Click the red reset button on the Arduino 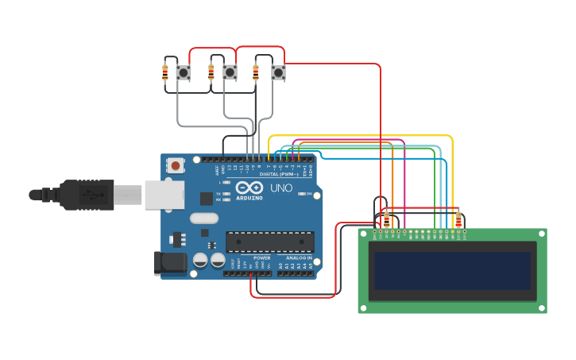click(175, 165)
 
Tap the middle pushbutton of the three click(230, 73)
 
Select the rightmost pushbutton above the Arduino click(278, 73)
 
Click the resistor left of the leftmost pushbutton click(164, 73)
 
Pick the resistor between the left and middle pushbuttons click(211, 73)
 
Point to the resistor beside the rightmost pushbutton click(256, 73)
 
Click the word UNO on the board click(281, 188)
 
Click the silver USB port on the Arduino click(164, 195)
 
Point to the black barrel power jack click(169, 263)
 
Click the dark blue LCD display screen click(452, 271)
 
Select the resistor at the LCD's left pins click(387, 219)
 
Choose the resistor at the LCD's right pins click(458, 219)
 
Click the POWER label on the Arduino click(261, 258)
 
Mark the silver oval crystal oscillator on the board click(204, 218)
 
